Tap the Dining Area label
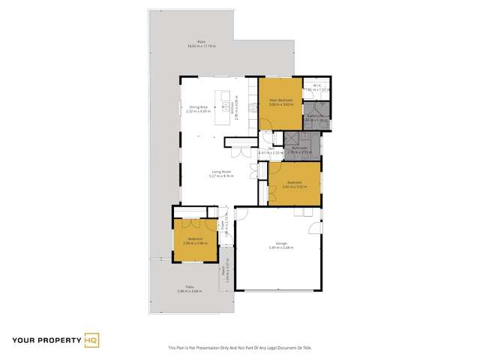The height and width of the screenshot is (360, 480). [x=198, y=109]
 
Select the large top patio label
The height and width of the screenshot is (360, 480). [x=202, y=45]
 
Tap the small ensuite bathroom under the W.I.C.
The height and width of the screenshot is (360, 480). [x=318, y=117]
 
